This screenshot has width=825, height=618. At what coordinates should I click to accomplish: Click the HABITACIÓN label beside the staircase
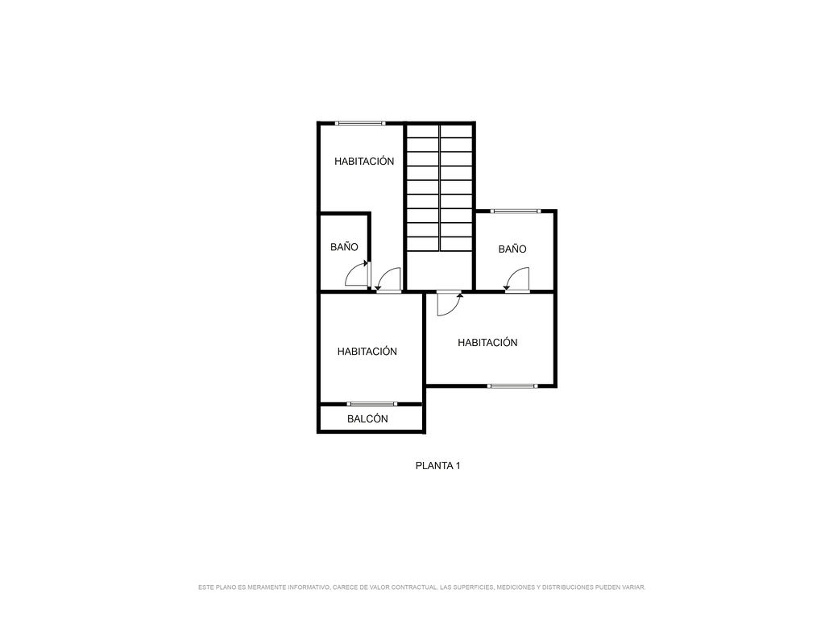point(364,161)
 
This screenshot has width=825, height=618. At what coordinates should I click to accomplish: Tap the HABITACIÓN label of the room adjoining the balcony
point(367,351)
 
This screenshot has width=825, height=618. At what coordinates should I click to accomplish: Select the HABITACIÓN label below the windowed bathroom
point(487,342)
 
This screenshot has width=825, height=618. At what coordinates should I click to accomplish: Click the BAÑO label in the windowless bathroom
point(344,246)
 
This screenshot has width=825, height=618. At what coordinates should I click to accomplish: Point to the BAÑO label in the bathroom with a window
point(512,249)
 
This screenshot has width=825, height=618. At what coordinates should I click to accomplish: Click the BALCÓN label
point(367,418)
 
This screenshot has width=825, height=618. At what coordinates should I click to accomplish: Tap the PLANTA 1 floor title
point(437,466)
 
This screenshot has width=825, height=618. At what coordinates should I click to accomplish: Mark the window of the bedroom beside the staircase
point(360,123)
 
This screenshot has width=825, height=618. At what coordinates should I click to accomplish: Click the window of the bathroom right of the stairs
point(516,212)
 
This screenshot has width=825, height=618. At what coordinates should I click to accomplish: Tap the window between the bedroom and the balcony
point(371,404)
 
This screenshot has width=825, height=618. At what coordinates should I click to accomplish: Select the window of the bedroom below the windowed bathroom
point(512,385)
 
